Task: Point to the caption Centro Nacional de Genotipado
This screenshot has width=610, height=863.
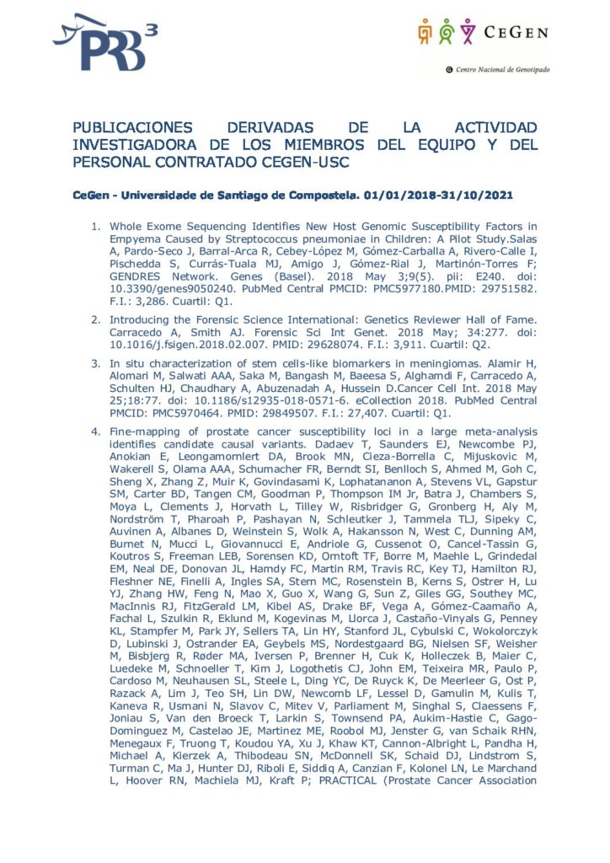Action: click(x=502, y=70)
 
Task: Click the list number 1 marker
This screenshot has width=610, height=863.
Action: click(x=94, y=226)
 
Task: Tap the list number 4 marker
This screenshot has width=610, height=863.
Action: click(x=94, y=431)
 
